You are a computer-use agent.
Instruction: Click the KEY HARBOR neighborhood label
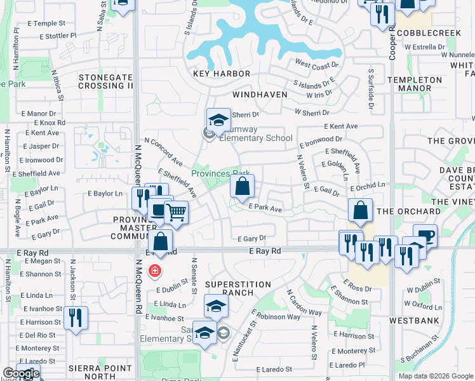[222, 74]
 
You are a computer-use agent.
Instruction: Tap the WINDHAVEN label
[260, 95]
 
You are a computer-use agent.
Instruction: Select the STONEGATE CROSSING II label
[106, 81]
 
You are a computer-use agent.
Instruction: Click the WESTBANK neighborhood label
[414, 321]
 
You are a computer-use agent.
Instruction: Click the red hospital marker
[154, 272]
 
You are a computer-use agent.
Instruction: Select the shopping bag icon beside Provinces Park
[242, 187]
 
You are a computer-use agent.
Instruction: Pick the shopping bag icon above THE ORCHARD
[360, 211]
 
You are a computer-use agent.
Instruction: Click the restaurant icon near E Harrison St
[76, 319]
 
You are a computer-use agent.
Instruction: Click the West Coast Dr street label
[316, 65]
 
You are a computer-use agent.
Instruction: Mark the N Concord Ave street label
[163, 150]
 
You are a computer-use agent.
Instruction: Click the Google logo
[20, 373]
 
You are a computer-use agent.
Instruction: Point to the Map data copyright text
[436, 376]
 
